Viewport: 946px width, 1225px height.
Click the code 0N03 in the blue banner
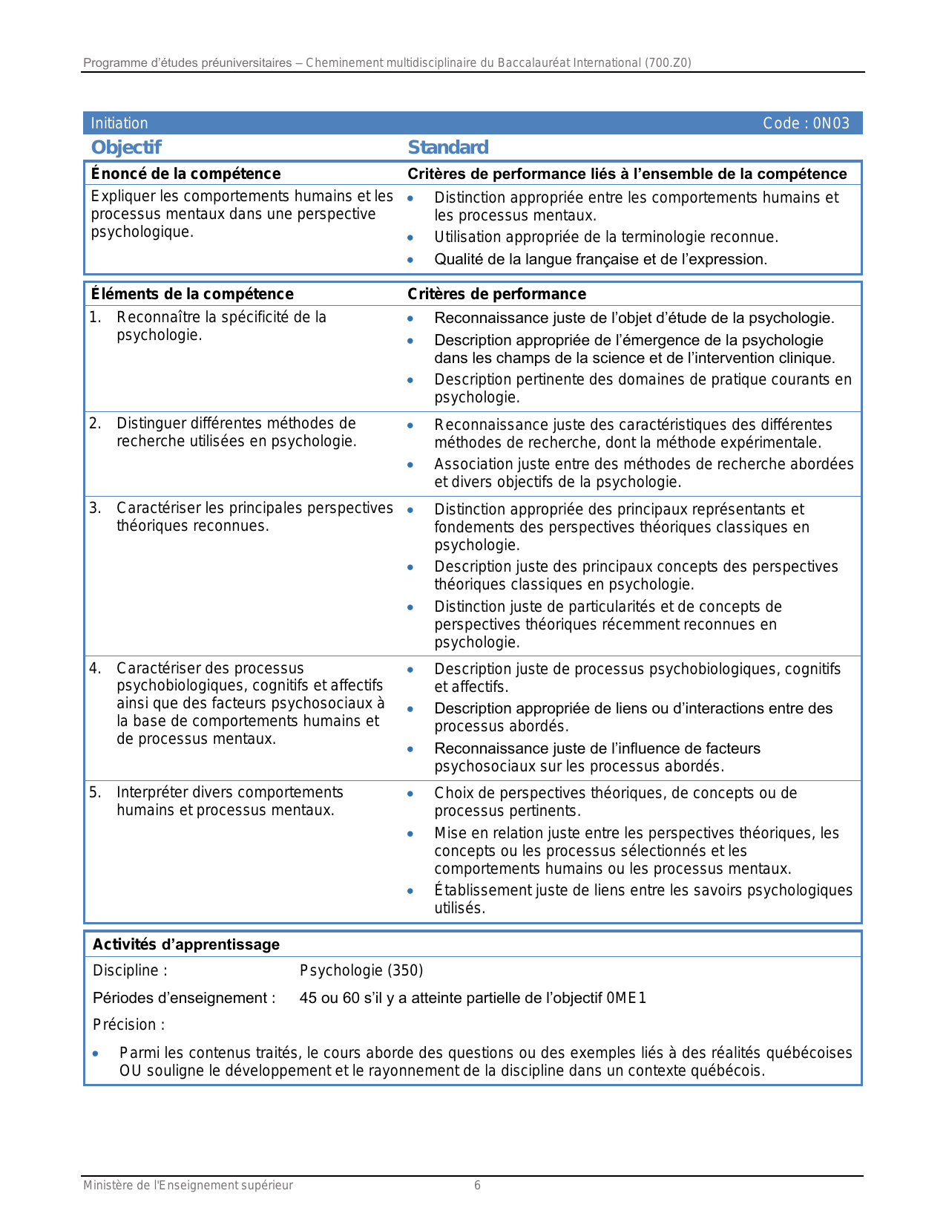point(831,123)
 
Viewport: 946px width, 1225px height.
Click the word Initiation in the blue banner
point(119,123)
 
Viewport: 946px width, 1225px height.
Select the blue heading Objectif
point(126,148)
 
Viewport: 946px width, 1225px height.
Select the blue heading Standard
point(448,148)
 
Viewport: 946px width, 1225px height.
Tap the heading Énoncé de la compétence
point(185,174)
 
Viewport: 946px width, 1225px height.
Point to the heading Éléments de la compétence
point(192,294)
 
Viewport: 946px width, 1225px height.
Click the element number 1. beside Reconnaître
point(95,318)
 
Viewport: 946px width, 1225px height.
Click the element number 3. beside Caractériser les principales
point(95,509)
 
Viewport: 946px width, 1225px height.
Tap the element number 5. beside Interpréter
point(95,793)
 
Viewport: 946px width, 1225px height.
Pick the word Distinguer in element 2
point(151,424)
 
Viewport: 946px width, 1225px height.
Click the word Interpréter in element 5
point(152,793)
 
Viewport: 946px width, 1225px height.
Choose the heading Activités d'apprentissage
point(186,944)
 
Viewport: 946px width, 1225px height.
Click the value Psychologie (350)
point(361,970)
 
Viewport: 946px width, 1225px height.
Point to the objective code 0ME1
point(626,998)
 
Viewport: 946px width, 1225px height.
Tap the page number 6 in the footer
point(477,1186)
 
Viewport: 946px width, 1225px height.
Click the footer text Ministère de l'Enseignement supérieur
point(188,1186)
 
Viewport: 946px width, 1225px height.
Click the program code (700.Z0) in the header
point(668,63)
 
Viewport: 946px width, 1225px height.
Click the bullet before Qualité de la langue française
point(410,261)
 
